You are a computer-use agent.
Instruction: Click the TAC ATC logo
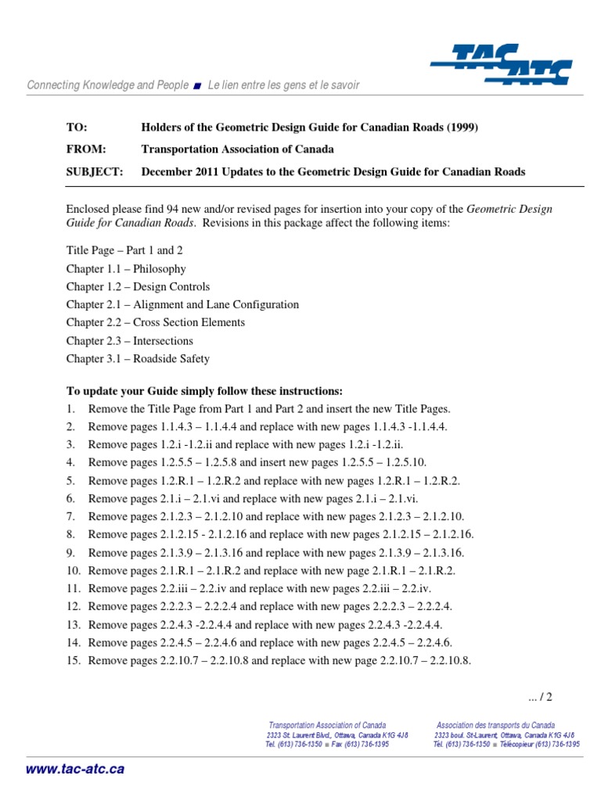(x=500, y=63)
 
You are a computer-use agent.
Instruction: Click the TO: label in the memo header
(x=77, y=128)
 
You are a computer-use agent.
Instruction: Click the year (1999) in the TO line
(x=461, y=128)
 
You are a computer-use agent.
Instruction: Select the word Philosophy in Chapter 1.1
(x=160, y=268)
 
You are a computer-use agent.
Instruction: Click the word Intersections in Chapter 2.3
(x=164, y=340)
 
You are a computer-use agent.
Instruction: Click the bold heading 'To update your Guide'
(x=204, y=390)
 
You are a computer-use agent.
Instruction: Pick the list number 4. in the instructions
(x=70, y=462)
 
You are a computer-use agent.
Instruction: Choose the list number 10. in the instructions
(x=73, y=570)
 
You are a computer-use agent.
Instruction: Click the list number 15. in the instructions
(x=73, y=660)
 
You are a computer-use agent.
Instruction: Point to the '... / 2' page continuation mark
(x=541, y=696)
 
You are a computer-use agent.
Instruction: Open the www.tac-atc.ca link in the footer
(x=75, y=769)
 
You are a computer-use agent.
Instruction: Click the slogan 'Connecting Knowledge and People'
(x=108, y=84)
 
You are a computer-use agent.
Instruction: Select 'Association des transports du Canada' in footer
(x=495, y=725)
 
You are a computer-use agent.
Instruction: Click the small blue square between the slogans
(x=198, y=85)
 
